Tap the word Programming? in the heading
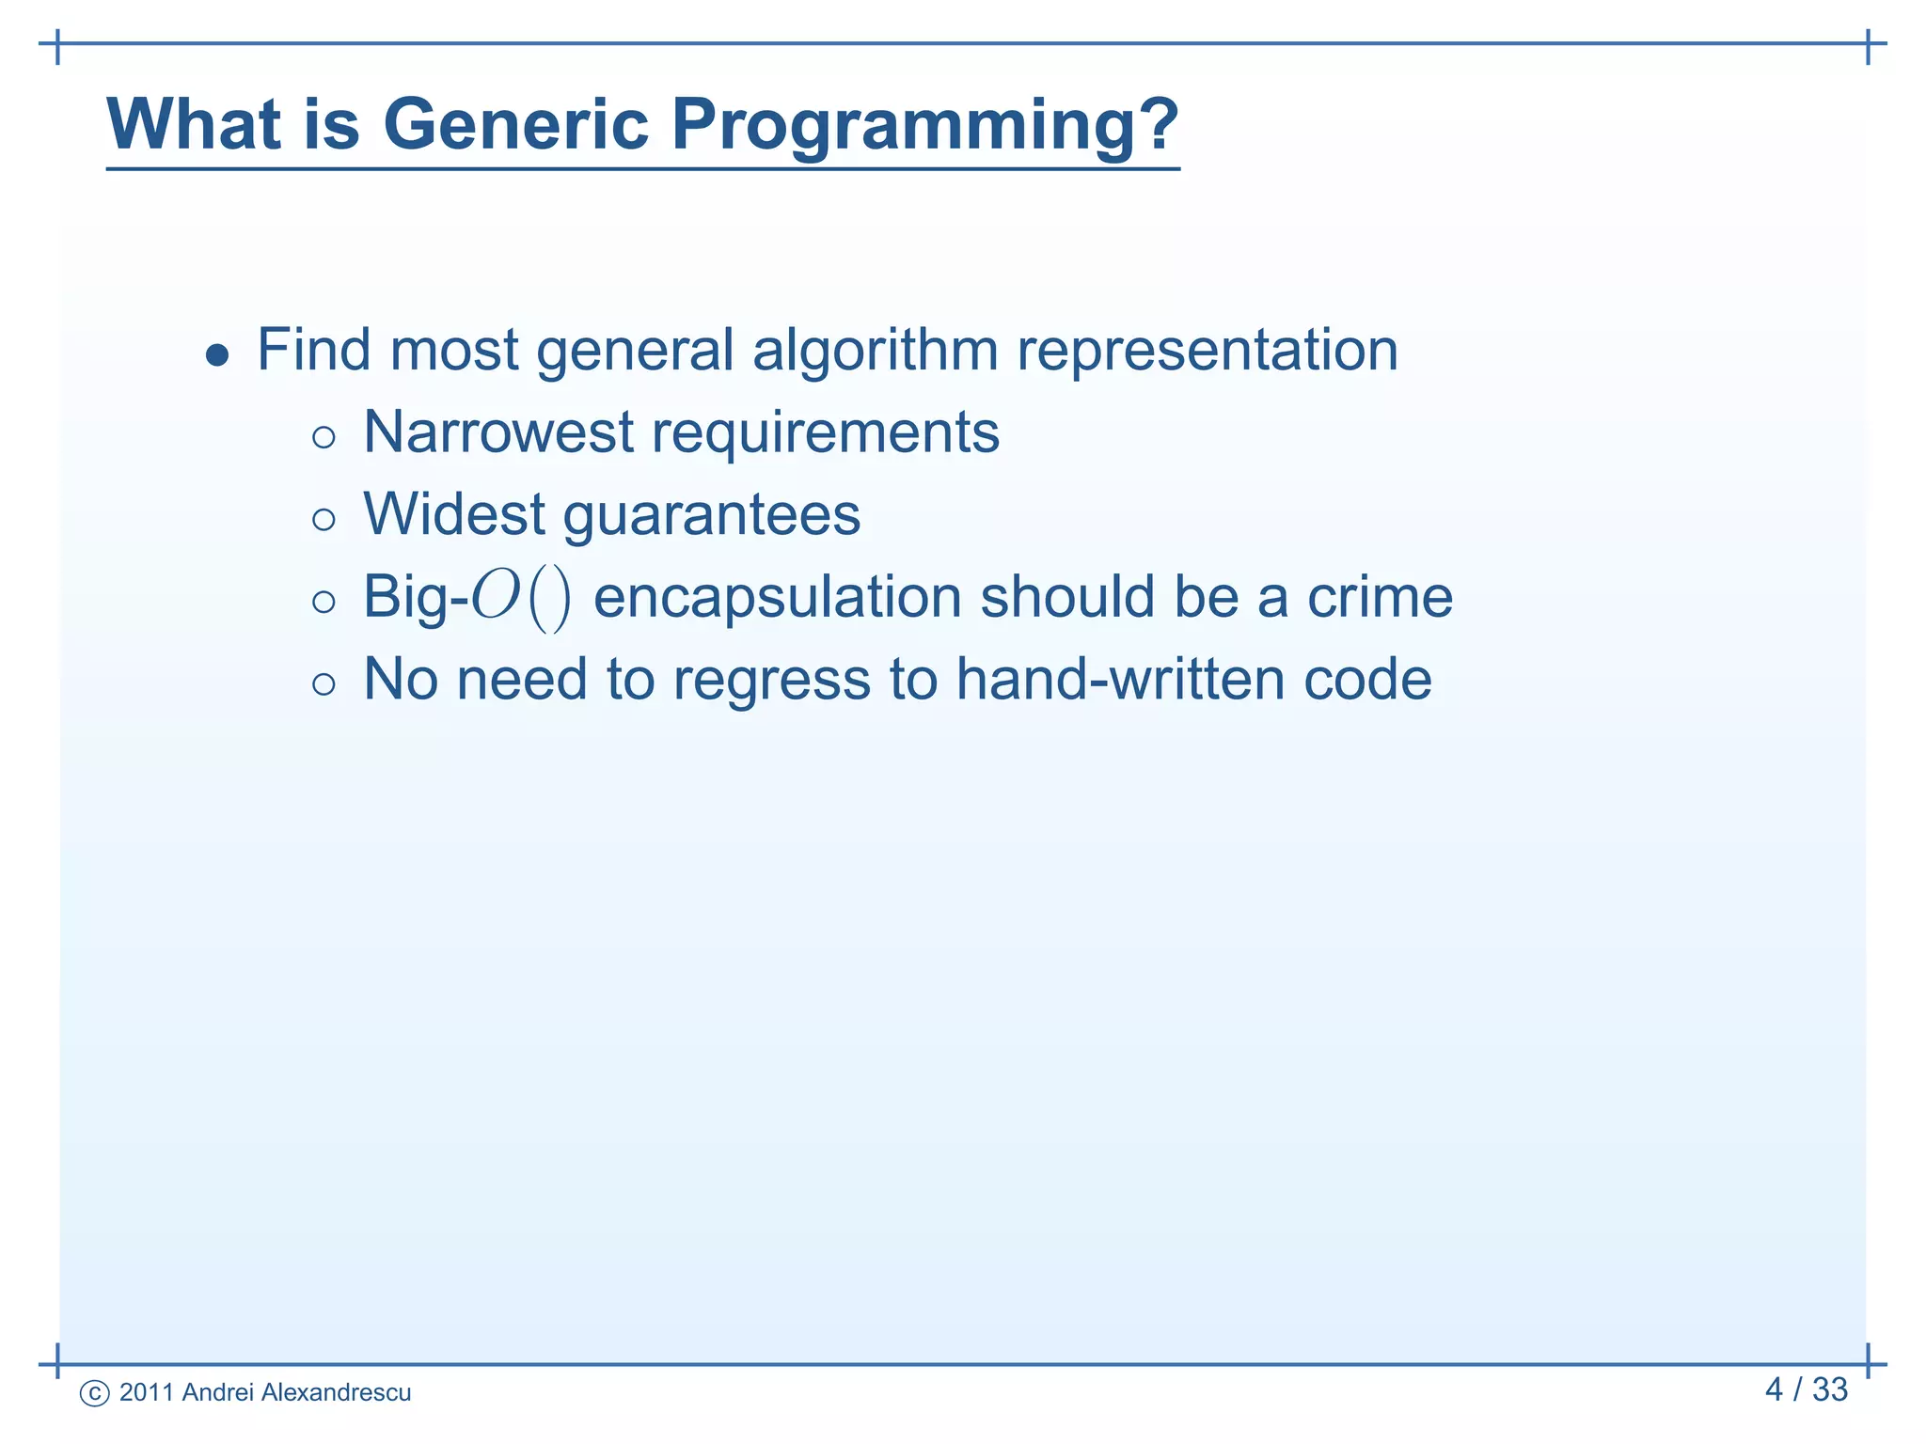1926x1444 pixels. pyautogui.click(x=924, y=125)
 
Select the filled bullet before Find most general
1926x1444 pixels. pyautogui.click(x=217, y=355)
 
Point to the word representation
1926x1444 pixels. pyautogui.click(x=1208, y=352)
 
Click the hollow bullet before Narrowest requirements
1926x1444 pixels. pyautogui.click(x=324, y=437)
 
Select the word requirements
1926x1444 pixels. pyautogui.click(x=825, y=434)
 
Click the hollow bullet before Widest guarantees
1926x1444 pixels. pyautogui.click(x=324, y=519)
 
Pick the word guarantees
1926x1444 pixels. pyautogui.click(x=712, y=516)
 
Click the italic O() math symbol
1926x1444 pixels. pyautogui.click(x=520, y=598)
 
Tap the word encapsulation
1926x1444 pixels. pyautogui.click(x=778, y=598)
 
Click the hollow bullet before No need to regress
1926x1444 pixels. pyautogui.click(x=324, y=683)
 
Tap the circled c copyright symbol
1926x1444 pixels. pyautogui.click(x=95, y=1393)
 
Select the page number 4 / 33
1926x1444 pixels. pyautogui.click(x=1806, y=1389)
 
